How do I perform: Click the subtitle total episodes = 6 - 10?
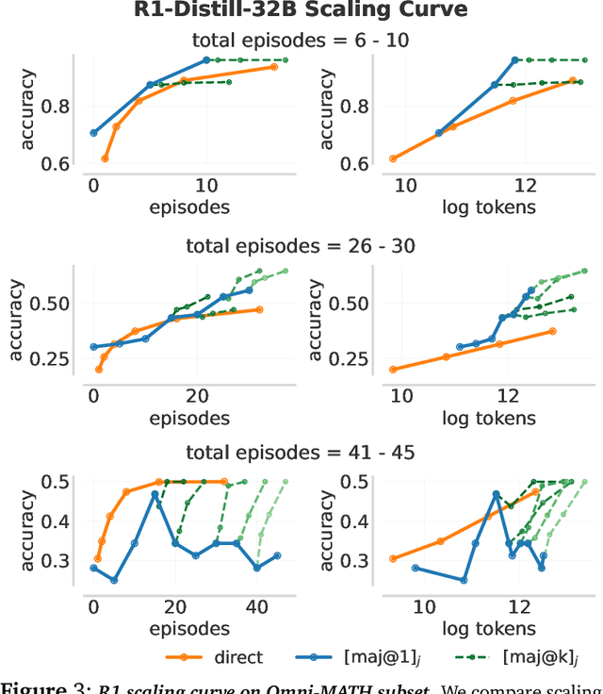click(301, 41)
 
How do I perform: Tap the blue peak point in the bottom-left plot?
click(155, 494)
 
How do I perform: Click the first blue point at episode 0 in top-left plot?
click(93, 133)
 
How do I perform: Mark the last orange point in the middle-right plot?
click(553, 331)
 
